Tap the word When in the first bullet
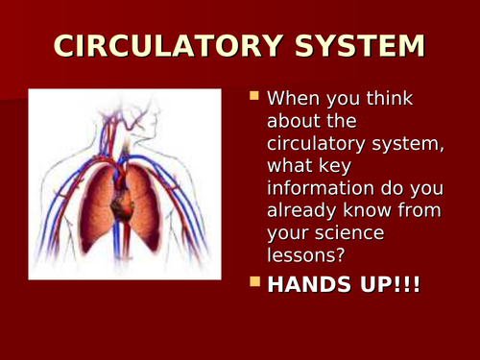point(294,99)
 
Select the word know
point(369,215)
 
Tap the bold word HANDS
point(306,286)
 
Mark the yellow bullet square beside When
point(254,97)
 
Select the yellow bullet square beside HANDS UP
point(254,284)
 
